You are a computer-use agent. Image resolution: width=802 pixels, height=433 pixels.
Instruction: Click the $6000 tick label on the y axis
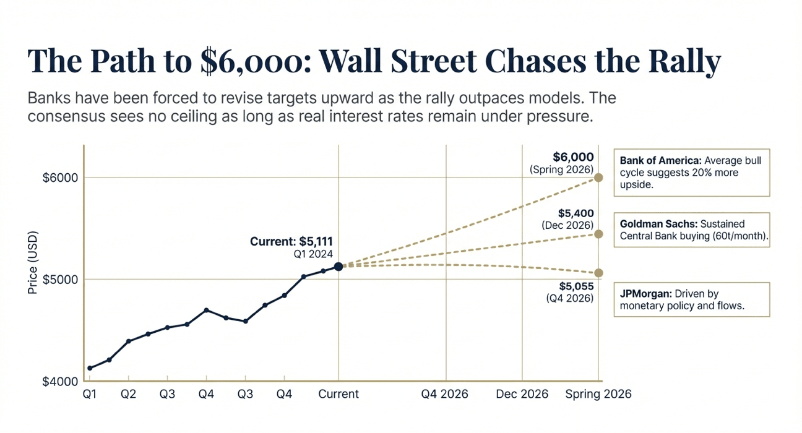tap(60, 178)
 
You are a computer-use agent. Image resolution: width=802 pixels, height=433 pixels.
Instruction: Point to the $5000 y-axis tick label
tap(60, 279)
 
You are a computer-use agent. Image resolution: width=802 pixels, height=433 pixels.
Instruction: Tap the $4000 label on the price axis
tap(60, 382)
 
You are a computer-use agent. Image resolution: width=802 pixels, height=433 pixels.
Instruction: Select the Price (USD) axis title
tap(33, 263)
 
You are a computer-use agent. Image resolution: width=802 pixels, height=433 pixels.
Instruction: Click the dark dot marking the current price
tap(338, 267)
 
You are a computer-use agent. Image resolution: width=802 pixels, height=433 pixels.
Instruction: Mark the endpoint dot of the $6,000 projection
tap(598, 178)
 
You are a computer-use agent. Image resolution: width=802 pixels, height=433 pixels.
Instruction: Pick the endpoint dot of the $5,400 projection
tap(598, 234)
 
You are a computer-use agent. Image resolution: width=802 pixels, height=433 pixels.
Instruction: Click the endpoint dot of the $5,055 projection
tap(598, 273)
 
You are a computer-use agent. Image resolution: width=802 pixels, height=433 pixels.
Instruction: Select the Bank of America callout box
tap(691, 172)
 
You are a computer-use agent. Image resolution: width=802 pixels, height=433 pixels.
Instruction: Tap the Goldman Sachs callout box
tap(691, 230)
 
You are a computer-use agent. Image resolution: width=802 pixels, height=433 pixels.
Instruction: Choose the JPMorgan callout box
tap(691, 300)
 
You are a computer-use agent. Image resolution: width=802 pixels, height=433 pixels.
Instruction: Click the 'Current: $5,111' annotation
tap(291, 242)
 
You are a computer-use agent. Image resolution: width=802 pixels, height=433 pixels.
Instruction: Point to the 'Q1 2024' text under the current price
tap(313, 254)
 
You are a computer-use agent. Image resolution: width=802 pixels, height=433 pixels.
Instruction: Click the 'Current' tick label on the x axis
tap(338, 394)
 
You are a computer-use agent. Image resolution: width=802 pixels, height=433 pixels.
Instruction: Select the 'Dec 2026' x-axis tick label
tap(522, 394)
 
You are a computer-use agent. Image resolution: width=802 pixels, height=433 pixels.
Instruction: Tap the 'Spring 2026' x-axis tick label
tap(598, 394)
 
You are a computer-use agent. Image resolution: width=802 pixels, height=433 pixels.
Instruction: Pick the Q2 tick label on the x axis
tap(128, 394)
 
